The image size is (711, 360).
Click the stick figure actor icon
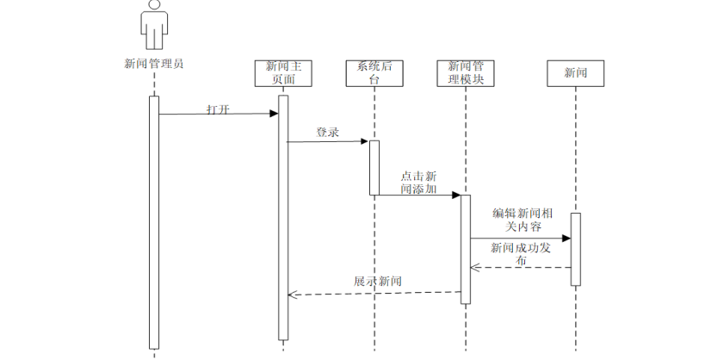coord(153,26)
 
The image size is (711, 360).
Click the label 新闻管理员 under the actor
coord(153,63)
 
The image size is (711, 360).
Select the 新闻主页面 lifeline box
coord(282,72)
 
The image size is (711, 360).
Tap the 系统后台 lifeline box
coord(374,72)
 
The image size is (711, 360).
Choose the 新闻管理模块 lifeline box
coord(466,72)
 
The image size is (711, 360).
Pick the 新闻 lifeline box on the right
coord(575,73)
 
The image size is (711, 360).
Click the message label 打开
coord(218,109)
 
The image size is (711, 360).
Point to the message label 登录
coord(327,133)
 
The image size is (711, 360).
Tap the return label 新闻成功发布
coord(519,253)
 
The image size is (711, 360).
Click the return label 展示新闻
coord(377,281)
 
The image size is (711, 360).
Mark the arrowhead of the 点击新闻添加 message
coord(456,195)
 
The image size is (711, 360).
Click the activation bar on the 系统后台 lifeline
coord(374,167)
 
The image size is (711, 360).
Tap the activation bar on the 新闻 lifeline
coord(575,249)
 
